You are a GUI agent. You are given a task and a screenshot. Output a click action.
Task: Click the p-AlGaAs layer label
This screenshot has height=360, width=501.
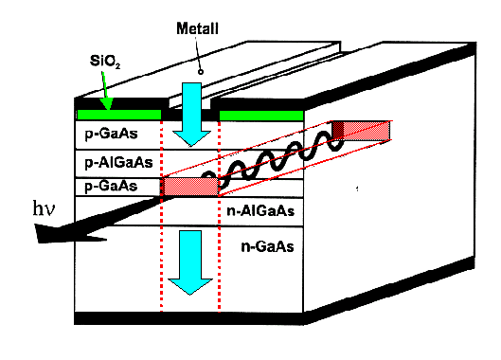click(x=117, y=162)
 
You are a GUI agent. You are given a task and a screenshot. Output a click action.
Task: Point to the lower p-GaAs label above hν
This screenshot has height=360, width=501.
click(x=112, y=187)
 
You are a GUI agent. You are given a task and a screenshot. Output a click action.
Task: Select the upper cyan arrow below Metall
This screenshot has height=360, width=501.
click(x=191, y=114)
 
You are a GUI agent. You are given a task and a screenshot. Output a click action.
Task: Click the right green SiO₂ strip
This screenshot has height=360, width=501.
click(x=260, y=115)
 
